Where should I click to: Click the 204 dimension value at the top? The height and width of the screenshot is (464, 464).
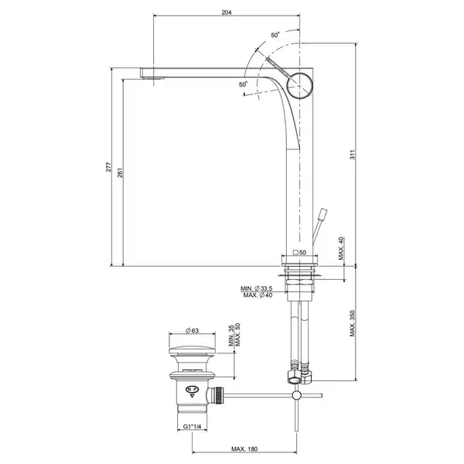[x=227, y=12]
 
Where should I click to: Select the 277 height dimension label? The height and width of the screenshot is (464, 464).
[x=108, y=167]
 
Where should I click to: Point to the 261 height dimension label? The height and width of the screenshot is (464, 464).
[x=120, y=172]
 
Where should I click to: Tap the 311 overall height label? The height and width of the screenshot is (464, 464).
[x=352, y=155]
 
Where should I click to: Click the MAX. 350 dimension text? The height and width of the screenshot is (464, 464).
[x=352, y=323]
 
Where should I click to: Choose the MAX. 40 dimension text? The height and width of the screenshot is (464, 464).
[x=342, y=248]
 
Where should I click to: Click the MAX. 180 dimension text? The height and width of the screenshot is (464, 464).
[x=244, y=449]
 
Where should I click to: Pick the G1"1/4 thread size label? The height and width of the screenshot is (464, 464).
[x=192, y=426]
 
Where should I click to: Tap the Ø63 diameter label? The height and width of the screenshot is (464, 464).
[x=192, y=330]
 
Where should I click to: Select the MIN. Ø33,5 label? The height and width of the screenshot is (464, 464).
[x=256, y=288]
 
